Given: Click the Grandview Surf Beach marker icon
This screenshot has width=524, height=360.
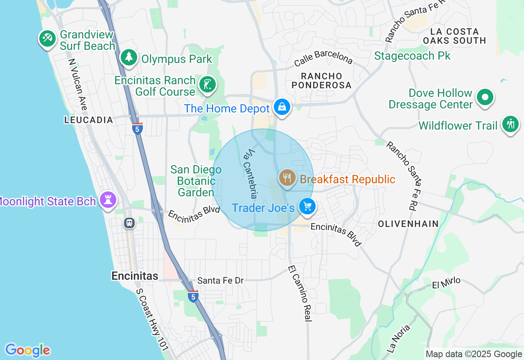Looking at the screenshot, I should [47, 39].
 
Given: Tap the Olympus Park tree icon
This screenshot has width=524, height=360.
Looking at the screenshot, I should [129, 57].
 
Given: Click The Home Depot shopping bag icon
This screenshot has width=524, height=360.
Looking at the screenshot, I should [282, 107].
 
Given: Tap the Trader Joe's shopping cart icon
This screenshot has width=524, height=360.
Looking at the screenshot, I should [307, 207].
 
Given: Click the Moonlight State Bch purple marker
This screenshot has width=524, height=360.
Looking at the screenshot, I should [108, 200].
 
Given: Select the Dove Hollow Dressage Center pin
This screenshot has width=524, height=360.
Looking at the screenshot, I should [485, 97].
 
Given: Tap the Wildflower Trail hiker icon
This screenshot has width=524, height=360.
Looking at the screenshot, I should [510, 124].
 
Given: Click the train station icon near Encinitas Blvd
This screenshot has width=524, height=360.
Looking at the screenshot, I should [129, 223].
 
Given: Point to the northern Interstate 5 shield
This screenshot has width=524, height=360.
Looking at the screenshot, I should [138, 128].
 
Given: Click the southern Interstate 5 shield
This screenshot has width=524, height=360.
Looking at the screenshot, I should [193, 296].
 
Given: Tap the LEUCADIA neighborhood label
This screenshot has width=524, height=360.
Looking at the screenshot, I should [88, 120].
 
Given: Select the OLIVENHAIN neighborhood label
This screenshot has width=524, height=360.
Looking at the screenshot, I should [408, 224].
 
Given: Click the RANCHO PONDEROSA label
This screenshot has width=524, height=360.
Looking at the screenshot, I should [326, 81].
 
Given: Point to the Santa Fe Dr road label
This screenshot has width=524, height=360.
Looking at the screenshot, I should [220, 281].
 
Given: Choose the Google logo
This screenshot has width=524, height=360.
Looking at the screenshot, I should [27, 350].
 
